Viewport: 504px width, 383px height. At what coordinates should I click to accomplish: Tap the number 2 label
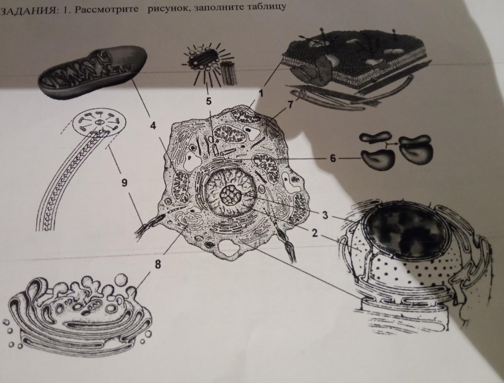coord(315,234)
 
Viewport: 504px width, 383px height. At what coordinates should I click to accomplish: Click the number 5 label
coord(208,101)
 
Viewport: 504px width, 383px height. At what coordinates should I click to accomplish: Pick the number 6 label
coord(333,158)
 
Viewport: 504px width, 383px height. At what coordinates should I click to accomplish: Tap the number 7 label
coord(290,105)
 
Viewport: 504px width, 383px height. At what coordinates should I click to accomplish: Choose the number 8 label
coord(158,265)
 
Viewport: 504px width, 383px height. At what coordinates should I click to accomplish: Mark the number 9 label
coord(124,183)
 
